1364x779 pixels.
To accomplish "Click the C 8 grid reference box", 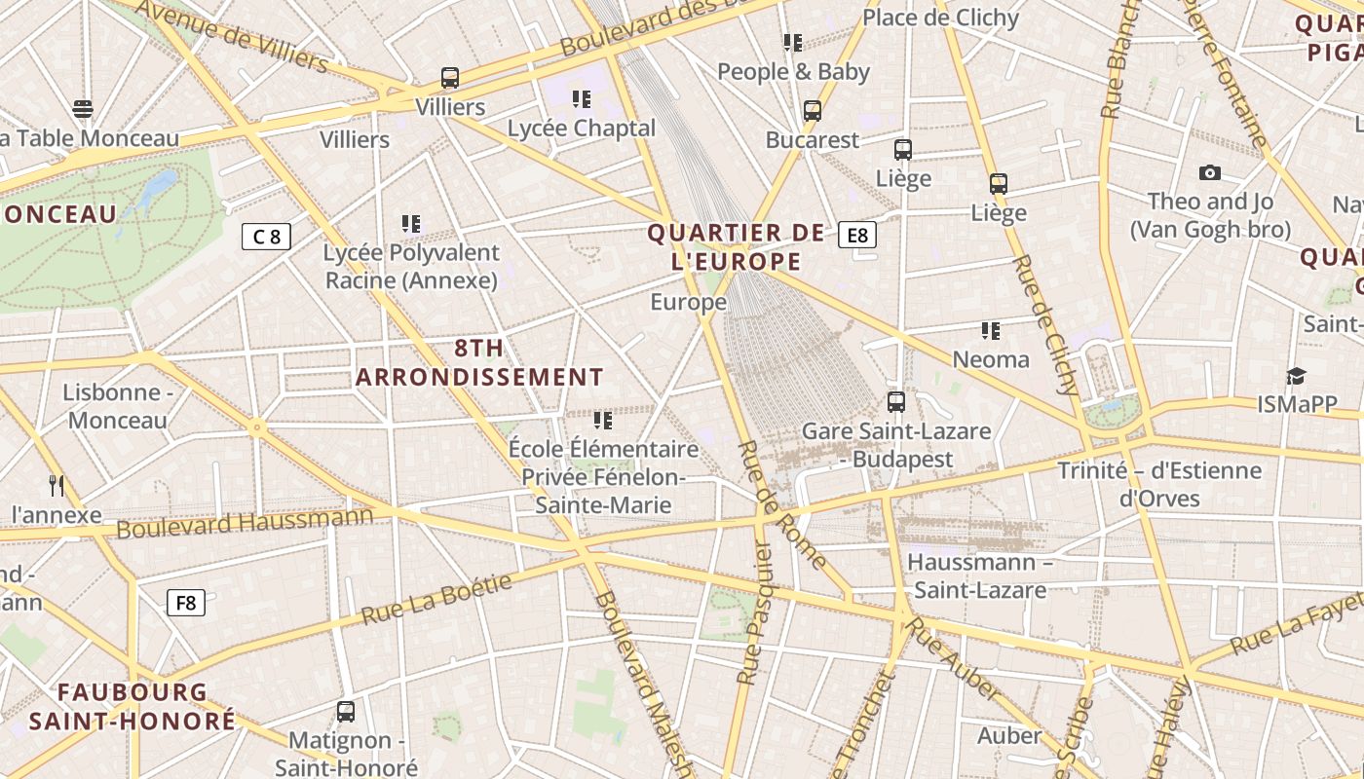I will (x=266, y=237).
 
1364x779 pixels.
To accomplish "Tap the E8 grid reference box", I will (x=857, y=235).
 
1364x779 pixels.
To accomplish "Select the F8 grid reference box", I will (x=185, y=603).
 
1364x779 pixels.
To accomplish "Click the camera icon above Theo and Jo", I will (x=1210, y=173).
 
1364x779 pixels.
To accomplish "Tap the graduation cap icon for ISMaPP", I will (x=1295, y=376).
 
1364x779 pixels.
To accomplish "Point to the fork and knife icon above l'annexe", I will (x=57, y=485).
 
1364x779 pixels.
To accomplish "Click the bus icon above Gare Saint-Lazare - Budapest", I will (x=895, y=401).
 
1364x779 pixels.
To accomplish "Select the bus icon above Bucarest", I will (x=812, y=111).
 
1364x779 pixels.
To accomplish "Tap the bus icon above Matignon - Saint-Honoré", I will (x=346, y=711).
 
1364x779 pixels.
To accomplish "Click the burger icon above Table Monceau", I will (x=83, y=108).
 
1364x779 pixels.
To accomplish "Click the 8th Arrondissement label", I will (x=479, y=362).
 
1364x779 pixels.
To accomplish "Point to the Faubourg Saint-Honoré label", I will (x=133, y=707).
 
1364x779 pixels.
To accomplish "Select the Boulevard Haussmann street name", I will (x=245, y=523).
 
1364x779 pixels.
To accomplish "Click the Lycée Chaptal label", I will (x=582, y=129).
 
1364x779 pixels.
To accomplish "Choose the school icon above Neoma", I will (x=991, y=331).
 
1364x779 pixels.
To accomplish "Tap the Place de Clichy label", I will (x=940, y=18).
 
